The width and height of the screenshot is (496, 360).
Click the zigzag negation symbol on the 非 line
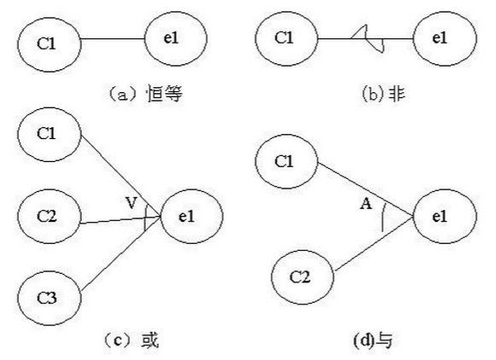pyautogui.click(x=367, y=38)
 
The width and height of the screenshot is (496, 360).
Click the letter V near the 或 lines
pyautogui.click(x=131, y=202)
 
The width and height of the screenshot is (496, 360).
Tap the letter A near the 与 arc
pyautogui.click(x=366, y=204)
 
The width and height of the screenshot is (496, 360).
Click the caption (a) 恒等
pyautogui.click(x=145, y=94)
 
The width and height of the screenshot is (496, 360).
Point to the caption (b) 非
pyautogui.click(x=383, y=94)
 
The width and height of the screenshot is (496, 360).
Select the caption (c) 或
pyautogui.click(x=131, y=340)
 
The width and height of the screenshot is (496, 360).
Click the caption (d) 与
pyautogui.click(x=373, y=340)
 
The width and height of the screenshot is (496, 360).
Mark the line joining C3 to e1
pyautogui.click(x=121, y=254)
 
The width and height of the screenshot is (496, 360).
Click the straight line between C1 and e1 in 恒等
pyautogui.click(x=113, y=39)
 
